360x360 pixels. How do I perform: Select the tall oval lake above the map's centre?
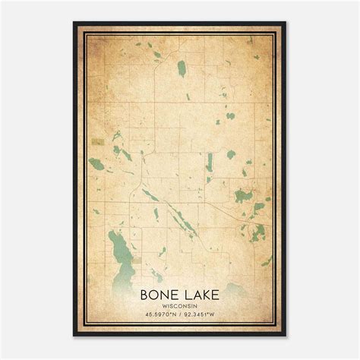coord(182,69)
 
